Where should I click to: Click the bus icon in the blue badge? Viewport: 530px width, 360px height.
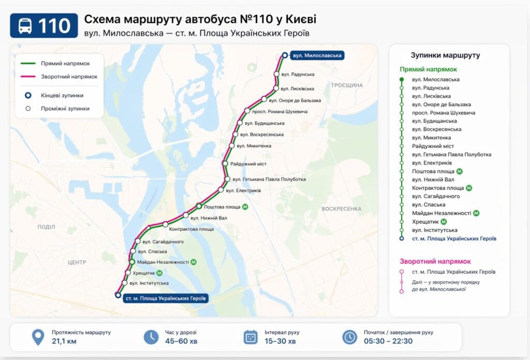[x=25, y=26]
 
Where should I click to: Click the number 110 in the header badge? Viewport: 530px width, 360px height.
[x=54, y=26]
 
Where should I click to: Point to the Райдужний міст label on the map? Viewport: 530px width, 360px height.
[x=248, y=164]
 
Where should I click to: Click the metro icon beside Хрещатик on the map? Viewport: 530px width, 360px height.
[x=159, y=273]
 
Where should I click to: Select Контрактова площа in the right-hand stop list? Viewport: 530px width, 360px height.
[x=437, y=188]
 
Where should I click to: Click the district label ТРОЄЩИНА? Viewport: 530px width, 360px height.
[x=346, y=85]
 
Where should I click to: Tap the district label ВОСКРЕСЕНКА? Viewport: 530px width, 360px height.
[x=341, y=209]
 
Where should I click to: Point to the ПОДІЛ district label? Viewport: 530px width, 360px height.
[x=46, y=227]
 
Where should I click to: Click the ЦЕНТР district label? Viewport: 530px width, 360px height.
[x=77, y=263]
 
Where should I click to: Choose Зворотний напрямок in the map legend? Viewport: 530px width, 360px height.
[x=69, y=77]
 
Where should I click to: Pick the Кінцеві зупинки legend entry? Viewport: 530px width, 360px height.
[x=62, y=95]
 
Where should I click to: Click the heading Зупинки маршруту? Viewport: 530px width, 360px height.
[x=445, y=55]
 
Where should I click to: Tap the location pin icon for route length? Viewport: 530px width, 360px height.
[x=38, y=337]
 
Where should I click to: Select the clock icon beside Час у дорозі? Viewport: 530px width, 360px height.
[x=151, y=337]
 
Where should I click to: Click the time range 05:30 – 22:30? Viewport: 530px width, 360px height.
[x=388, y=341]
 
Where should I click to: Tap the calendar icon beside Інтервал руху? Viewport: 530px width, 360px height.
[x=251, y=337]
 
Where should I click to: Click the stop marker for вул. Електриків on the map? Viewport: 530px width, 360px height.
[x=221, y=190]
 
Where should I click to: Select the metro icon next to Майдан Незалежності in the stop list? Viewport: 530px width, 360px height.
[x=476, y=213]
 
